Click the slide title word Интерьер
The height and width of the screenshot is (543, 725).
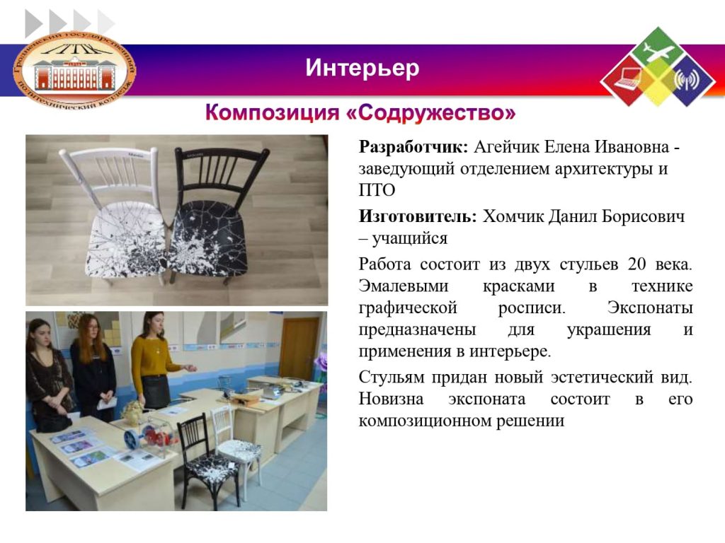click(362, 68)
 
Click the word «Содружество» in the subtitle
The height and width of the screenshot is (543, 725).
click(431, 112)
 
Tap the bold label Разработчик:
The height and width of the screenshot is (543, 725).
click(413, 147)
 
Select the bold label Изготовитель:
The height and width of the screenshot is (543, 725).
click(418, 216)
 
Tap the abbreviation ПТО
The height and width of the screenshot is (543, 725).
click(377, 189)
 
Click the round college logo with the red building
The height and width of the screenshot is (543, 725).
click(75, 69)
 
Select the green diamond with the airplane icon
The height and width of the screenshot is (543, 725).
click(658, 49)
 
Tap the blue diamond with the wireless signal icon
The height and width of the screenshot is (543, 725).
click(687, 80)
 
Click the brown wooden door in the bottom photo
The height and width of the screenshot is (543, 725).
click(299, 349)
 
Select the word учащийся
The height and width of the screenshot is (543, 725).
click(410, 239)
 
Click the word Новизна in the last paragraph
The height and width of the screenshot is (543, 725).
click(391, 399)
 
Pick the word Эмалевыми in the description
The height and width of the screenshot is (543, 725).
click(404, 286)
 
